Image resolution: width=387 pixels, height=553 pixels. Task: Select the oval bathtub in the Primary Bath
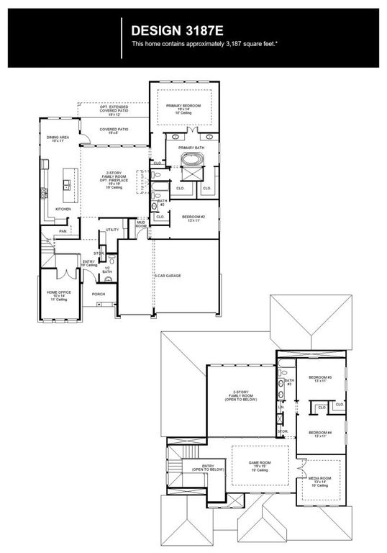[x=191, y=160]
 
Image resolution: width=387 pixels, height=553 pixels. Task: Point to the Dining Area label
[x=58, y=138]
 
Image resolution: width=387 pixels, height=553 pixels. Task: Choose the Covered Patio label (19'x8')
[x=114, y=130]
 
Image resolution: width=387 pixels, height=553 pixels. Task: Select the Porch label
[x=99, y=294]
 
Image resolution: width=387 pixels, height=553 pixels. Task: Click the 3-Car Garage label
[x=168, y=276]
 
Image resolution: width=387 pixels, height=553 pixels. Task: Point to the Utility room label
[x=112, y=230]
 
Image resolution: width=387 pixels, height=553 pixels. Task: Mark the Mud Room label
[x=142, y=224]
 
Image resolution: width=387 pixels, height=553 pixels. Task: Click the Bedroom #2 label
[x=193, y=217]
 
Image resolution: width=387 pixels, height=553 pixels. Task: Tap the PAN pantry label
[x=63, y=231]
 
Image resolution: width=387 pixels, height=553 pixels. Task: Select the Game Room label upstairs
[x=259, y=466]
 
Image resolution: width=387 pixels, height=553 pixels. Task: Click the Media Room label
[x=320, y=480]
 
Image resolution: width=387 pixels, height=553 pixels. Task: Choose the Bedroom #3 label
[x=320, y=379]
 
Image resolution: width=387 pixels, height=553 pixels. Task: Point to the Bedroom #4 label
[x=320, y=433]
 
